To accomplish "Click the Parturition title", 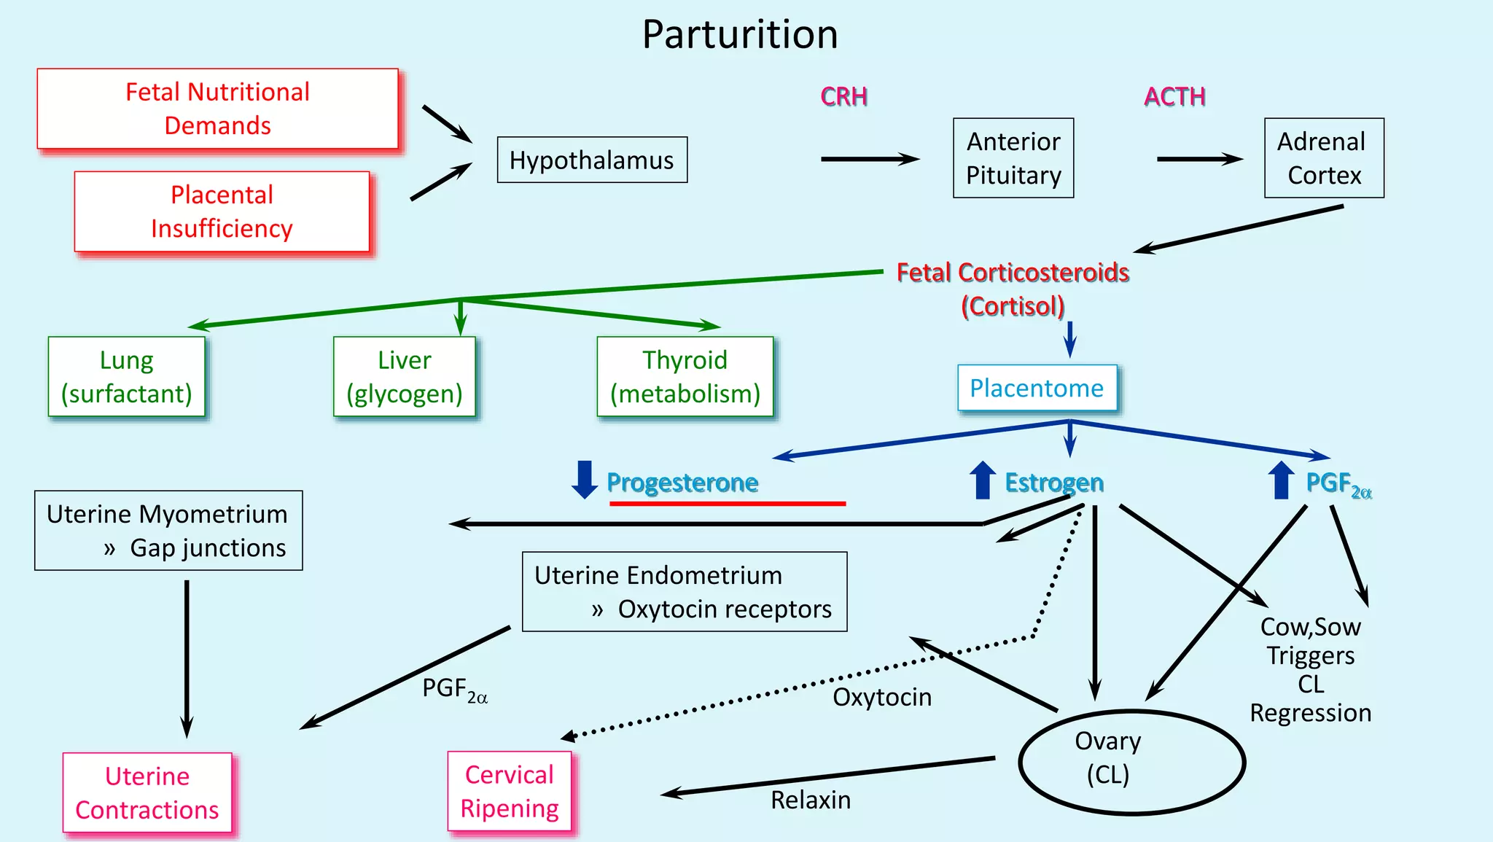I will (x=739, y=34).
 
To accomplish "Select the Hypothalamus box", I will (x=591, y=160).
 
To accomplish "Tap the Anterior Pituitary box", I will (x=1013, y=158).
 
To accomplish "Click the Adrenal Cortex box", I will (x=1323, y=158).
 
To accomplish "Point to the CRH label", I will (x=843, y=96).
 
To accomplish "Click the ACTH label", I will (x=1174, y=96).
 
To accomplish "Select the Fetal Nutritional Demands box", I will (x=217, y=109).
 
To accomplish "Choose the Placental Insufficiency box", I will (x=222, y=211).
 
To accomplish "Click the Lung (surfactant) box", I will (x=126, y=376).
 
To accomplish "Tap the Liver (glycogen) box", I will (x=404, y=376).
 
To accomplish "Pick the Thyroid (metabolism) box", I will (x=685, y=376).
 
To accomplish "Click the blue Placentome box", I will (x=1036, y=388).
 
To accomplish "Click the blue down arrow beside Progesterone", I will (x=584, y=480).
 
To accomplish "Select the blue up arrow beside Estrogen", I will (x=982, y=480).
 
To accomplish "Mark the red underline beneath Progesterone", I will (x=727, y=503).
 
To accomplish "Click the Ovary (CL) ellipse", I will (x=1131, y=762).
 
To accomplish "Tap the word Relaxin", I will (x=810, y=800).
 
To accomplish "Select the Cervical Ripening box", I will (x=509, y=791).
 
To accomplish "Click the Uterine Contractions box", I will (x=147, y=792).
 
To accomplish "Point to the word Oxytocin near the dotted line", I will (x=881, y=697).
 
